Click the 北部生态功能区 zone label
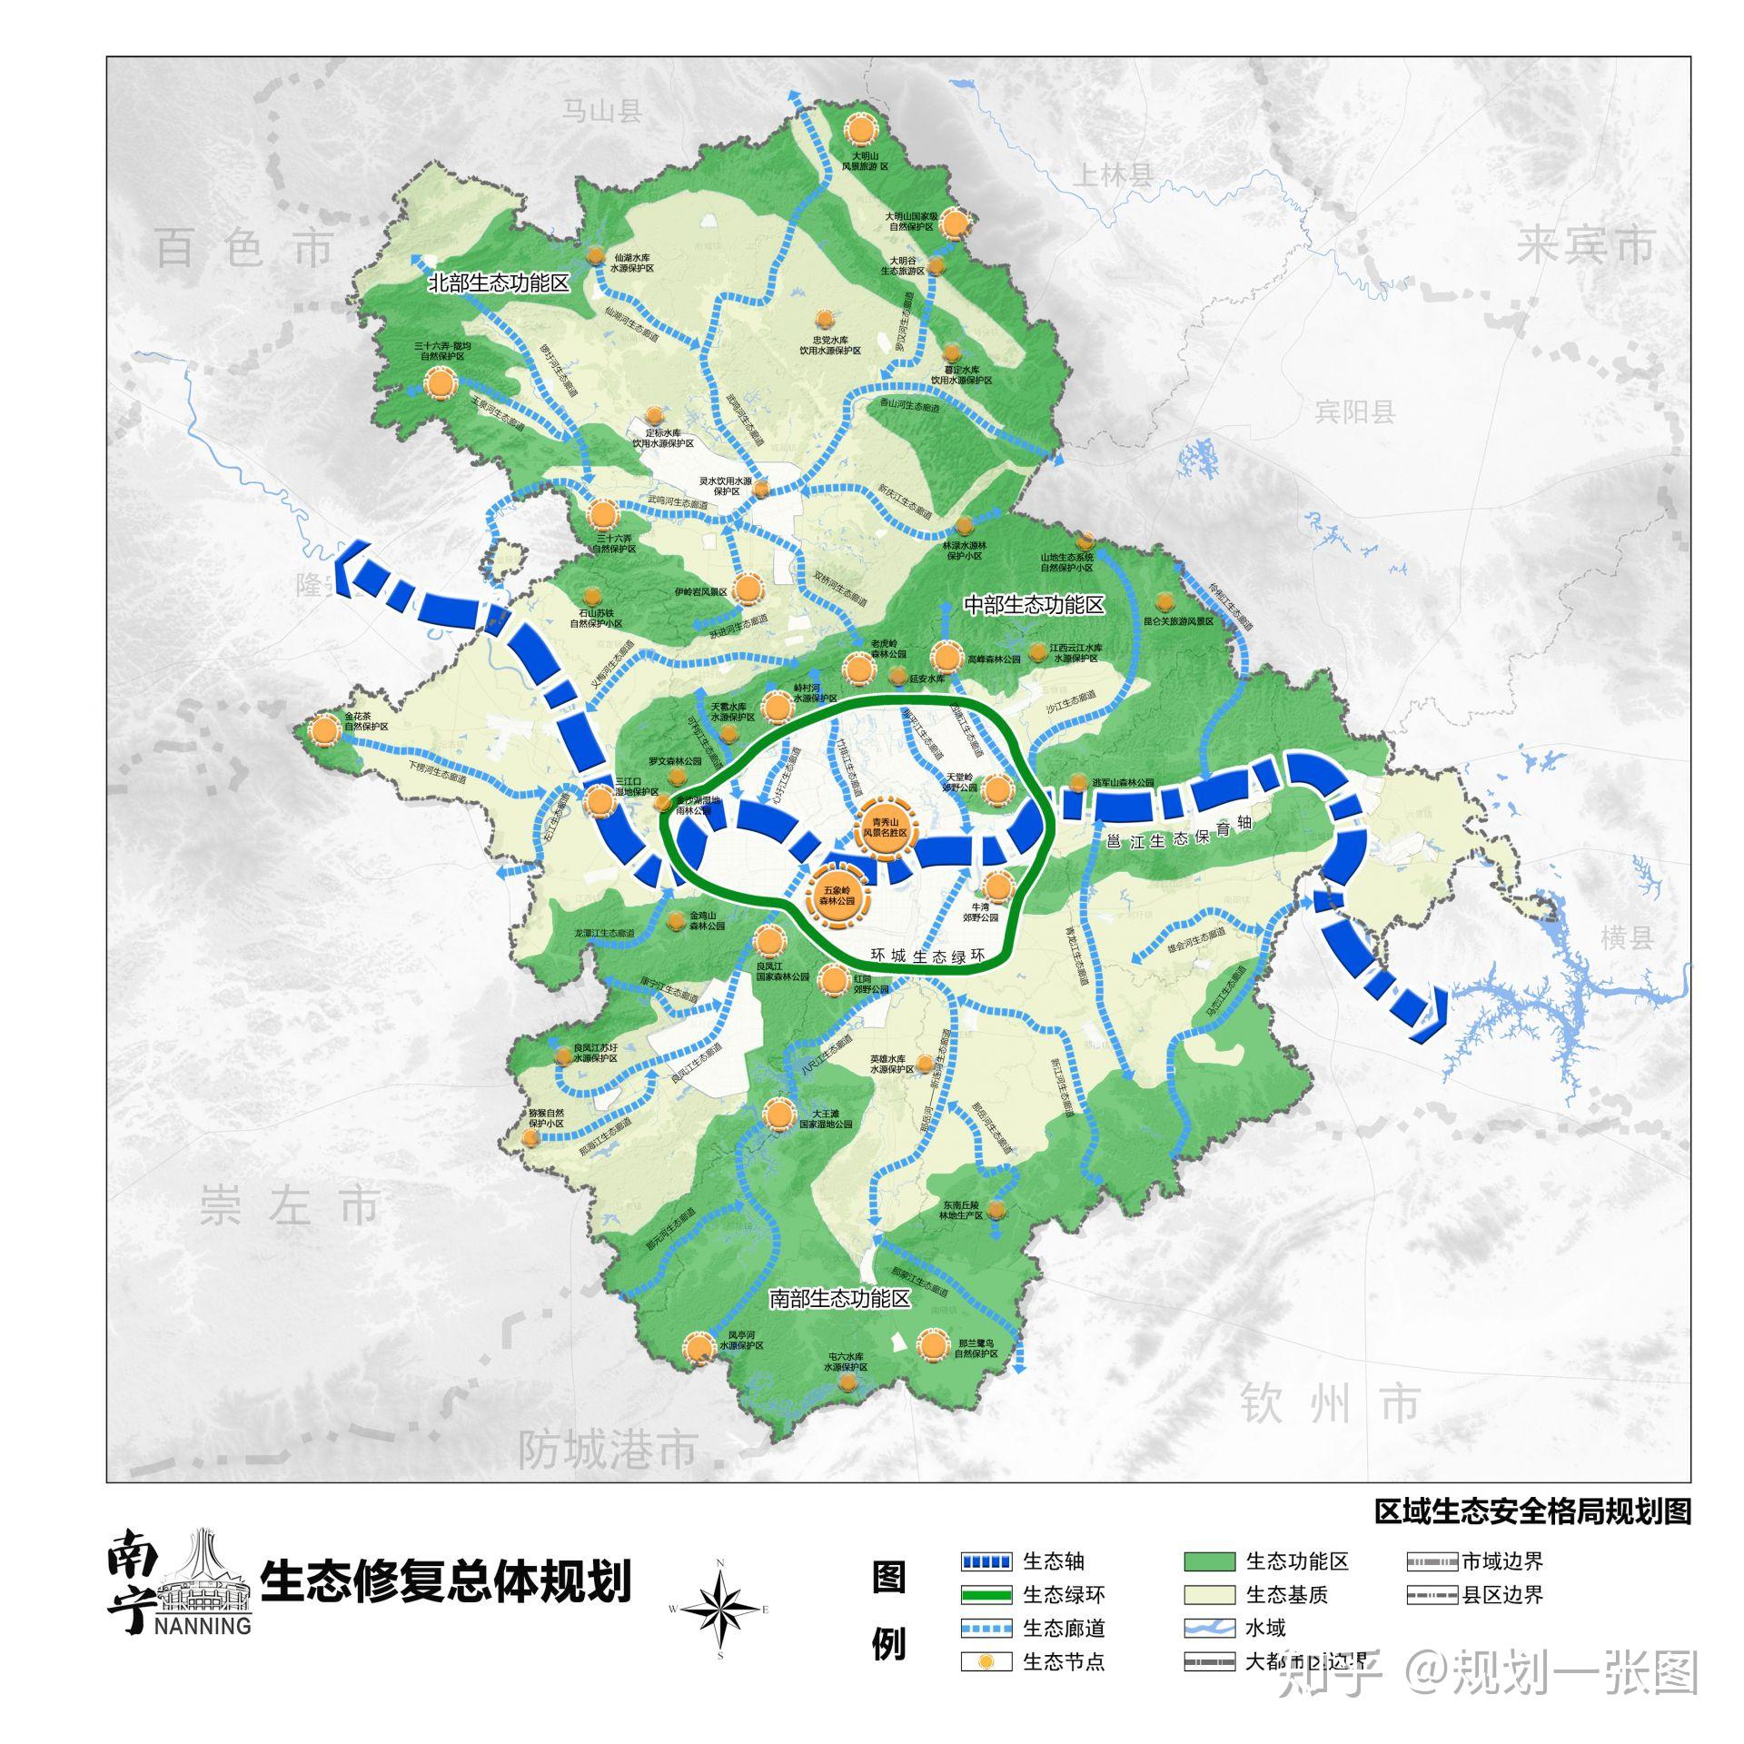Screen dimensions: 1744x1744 tap(499, 283)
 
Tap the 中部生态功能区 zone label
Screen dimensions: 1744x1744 tap(1034, 605)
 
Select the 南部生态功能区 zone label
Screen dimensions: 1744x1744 tap(838, 1299)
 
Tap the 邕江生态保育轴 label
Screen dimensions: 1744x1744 tap(1179, 836)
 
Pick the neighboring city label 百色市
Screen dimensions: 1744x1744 tap(245, 247)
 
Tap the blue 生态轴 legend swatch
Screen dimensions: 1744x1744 tap(986, 1561)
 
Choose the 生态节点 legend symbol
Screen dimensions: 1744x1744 tap(986, 1662)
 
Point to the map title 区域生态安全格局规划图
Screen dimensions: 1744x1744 tap(1532, 1511)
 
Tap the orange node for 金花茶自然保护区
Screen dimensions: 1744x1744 tap(322, 729)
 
